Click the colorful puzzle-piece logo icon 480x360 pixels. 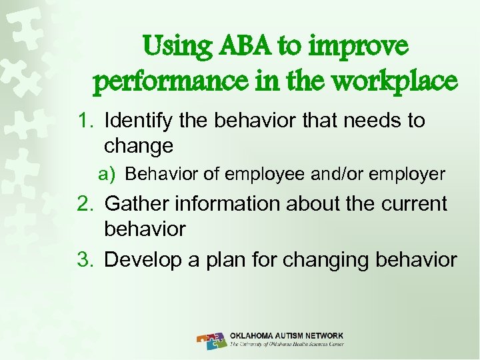[x=212, y=339]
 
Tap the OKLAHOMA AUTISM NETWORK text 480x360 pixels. [x=287, y=335]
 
